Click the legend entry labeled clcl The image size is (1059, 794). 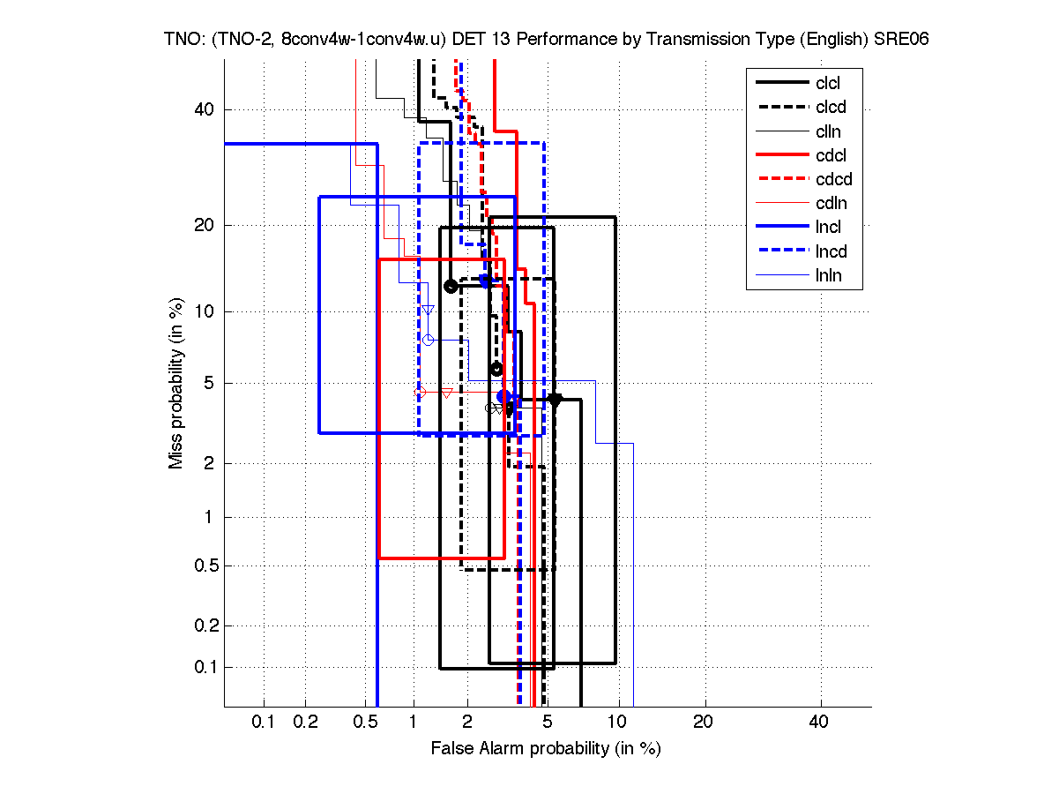828,83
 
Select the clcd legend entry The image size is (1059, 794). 829,108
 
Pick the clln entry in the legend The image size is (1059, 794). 828,131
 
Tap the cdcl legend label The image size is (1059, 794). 830,156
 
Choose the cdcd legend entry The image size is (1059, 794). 831,180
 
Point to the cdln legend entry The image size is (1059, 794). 830,204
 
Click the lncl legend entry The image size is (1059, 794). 828,228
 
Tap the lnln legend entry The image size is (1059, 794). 828,276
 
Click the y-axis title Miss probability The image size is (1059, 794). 176,384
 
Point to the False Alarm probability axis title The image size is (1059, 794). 546,749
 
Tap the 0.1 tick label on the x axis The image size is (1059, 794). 264,723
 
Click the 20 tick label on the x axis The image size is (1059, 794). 704,723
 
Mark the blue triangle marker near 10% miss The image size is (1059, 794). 428,310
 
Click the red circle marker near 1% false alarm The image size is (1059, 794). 420,392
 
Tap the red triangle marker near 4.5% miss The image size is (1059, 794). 447,393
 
